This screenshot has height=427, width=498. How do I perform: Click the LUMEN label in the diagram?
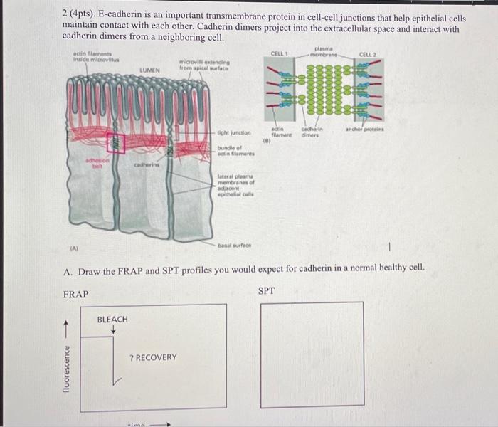[x=149, y=70]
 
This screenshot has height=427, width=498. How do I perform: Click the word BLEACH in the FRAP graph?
[x=112, y=320]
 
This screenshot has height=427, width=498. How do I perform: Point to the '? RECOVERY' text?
[x=153, y=357]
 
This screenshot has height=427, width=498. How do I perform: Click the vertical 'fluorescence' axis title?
[x=68, y=368]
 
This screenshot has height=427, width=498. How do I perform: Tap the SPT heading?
[x=266, y=290]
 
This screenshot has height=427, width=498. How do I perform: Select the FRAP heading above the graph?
[x=76, y=294]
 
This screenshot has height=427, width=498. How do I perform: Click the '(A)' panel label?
[x=74, y=250]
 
